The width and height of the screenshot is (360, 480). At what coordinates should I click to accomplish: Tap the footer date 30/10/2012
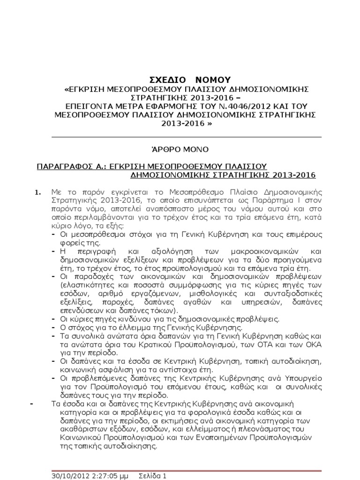(68, 475)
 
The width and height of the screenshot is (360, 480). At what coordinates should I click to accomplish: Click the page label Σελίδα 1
(152, 475)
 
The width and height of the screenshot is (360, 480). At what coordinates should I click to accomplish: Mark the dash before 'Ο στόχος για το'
(53, 327)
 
